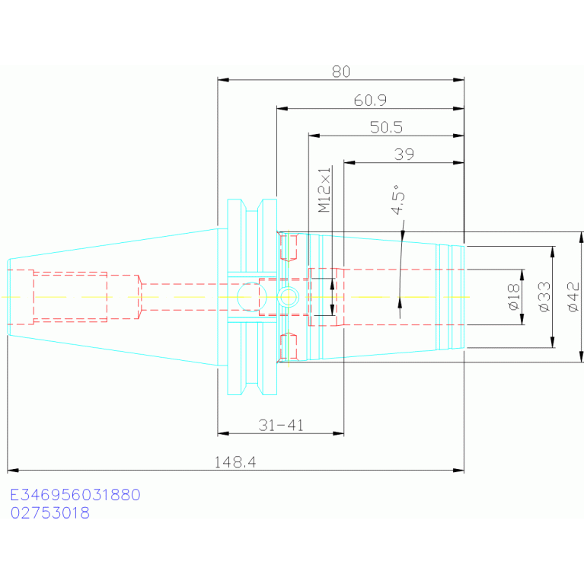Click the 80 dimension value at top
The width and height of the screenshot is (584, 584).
click(x=341, y=72)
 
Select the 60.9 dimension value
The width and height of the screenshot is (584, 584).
click(x=370, y=101)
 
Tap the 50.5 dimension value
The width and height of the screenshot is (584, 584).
click(x=386, y=127)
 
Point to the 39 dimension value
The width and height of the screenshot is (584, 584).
click(x=404, y=155)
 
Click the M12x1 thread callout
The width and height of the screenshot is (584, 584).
click(x=324, y=190)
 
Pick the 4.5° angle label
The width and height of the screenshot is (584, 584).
click(x=397, y=199)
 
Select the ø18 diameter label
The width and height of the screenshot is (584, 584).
click(x=514, y=297)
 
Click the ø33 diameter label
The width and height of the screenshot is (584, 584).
click(x=544, y=297)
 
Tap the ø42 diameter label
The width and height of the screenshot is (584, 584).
click(x=573, y=297)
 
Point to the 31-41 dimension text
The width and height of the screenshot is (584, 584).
click(x=281, y=425)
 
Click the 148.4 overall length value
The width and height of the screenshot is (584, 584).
click(x=235, y=462)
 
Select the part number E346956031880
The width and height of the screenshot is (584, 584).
click(x=75, y=495)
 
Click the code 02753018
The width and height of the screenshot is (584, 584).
click(x=50, y=513)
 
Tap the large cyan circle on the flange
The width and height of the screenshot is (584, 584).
click(x=252, y=297)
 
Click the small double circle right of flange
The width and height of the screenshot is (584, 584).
click(x=289, y=297)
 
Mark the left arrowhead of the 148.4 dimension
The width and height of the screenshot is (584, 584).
click(x=12, y=471)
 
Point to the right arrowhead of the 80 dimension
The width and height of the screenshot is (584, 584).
click(x=459, y=80)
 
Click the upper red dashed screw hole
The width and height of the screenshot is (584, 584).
click(x=289, y=247)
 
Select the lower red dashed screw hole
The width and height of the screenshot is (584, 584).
click(x=289, y=346)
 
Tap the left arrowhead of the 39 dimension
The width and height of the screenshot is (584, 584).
click(x=349, y=162)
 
